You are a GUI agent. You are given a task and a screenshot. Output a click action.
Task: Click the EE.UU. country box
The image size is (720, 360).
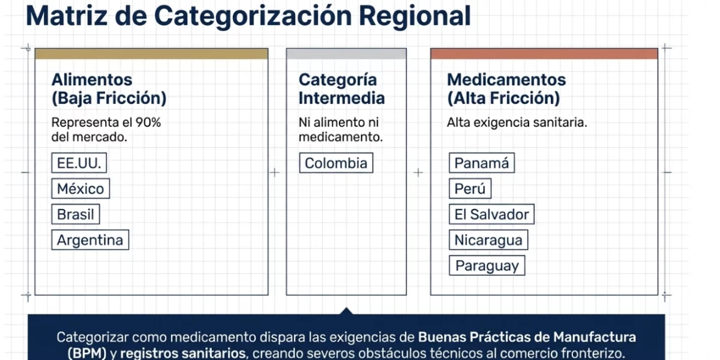pos(79,163)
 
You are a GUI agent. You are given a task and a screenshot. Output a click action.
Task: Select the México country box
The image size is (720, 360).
pos(80,188)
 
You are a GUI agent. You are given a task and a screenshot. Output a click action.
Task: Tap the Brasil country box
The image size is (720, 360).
pos(76,214)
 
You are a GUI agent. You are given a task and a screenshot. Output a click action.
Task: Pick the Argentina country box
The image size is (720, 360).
pos(90,240)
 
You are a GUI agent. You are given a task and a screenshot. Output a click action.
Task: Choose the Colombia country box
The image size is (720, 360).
pos(336,163)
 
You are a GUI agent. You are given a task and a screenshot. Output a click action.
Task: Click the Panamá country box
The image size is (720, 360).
pos(482,163)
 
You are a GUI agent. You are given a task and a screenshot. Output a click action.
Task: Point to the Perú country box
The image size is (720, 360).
pos(470,188)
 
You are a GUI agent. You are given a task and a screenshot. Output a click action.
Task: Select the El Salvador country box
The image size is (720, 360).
pos(492,214)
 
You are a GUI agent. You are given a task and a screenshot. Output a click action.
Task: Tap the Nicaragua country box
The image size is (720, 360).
pos(488,240)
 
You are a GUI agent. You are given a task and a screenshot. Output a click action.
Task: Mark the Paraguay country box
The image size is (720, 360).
pos(487,265)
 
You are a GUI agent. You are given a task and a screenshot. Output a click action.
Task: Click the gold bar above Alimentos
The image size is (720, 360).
pos(151,53)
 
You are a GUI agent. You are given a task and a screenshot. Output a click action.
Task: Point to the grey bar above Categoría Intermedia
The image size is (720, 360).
pos(347,53)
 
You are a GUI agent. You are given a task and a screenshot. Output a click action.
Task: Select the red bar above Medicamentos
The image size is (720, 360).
pos(544,53)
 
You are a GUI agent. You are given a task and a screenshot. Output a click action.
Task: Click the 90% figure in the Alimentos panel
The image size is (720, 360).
pos(148,122)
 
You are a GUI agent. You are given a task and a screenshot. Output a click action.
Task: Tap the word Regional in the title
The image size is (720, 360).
pos(415,16)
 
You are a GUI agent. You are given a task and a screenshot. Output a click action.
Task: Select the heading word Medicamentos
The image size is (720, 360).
pos(506,80)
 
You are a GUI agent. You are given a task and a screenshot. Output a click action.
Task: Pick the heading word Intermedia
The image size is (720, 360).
pos(341,98)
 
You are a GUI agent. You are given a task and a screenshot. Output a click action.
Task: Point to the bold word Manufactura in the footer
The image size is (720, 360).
pos(595,337)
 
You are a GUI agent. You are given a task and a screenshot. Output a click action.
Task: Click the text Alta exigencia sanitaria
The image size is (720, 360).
pos(517,122)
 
